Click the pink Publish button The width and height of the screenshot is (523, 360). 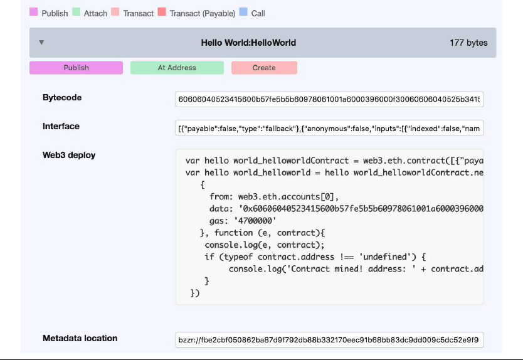[x=76, y=68]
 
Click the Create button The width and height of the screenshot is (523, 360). [x=264, y=68]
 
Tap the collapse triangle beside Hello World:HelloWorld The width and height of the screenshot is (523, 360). [x=41, y=43]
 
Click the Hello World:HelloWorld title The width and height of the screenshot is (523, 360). [x=248, y=43]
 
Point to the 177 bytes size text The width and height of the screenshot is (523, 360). [x=468, y=43]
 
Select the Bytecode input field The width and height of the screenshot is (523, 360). [x=329, y=99]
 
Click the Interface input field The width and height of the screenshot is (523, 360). [x=329, y=129]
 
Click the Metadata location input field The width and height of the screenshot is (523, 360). [x=329, y=340]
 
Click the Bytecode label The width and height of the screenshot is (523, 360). [x=62, y=98]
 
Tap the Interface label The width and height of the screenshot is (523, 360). [x=61, y=126]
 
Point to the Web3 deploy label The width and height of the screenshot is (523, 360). [x=69, y=155]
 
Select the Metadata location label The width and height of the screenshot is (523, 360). [x=80, y=338]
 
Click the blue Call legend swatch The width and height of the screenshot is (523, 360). [x=243, y=13]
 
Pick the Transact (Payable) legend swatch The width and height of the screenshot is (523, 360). [x=162, y=13]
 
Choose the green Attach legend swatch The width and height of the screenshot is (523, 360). [x=77, y=13]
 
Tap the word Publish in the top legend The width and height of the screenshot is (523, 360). [x=55, y=13]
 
